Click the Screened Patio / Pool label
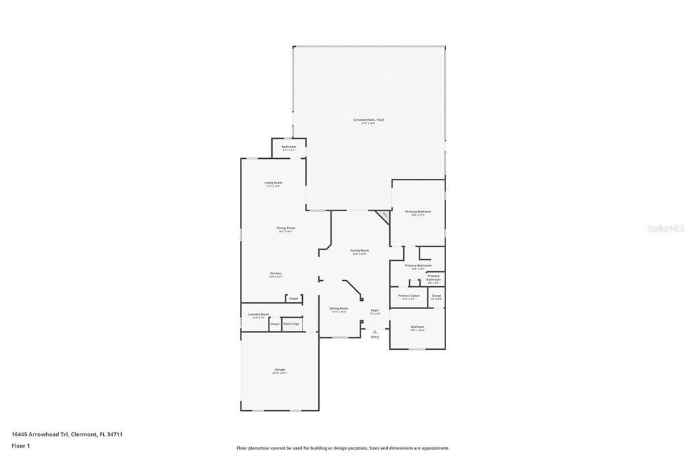tap(368, 120)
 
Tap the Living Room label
tap(273, 183)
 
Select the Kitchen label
tap(275, 273)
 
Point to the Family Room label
tap(360, 251)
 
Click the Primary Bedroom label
tap(418, 212)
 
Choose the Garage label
tap(279, 370)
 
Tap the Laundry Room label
tap(259, 314)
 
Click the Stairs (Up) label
tap(291, 324)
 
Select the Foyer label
tap(375, 310)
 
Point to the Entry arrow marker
tap(375, 331)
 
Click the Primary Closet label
tap(409, 296)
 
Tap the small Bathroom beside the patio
tap(289, 147)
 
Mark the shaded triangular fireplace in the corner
tap(384, 216)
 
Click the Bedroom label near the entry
tap(417, 327)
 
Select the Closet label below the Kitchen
tap(293, 298)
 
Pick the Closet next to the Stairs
tap(275, 324)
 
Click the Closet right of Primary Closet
tap(436, 296)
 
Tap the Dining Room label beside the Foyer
tap(338, 308)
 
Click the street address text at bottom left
tap(67, 434)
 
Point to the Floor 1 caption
tap(21, 446)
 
